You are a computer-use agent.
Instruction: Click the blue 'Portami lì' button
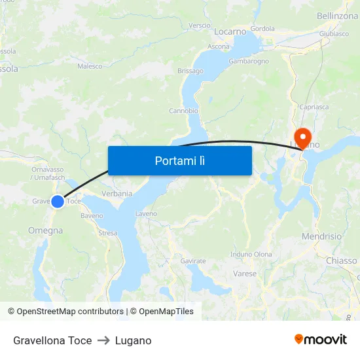click(x=180, y=160)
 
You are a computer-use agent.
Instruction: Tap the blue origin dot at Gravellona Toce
click(x=58, y=202)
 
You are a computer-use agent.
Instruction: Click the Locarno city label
click(x=230, y=31)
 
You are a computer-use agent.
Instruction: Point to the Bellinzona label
click(x=337, y=16)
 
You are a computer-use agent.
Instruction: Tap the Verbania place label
click(x=117, y=193)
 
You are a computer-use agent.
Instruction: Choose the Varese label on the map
click(x=245, y=274)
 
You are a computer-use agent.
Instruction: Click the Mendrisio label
click(x=322, y=236)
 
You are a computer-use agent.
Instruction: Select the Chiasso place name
click(x=341, y=261)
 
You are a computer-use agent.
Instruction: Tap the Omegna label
click(x=46, y=230)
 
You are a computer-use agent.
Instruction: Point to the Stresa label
click(x=107, y=233)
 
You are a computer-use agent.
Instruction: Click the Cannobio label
click(x=184, y=111)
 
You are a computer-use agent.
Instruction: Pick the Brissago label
click(x=190, y=71)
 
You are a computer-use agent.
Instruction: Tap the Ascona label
click(x=219, y=46)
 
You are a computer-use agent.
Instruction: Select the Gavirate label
click(x=193, y=261)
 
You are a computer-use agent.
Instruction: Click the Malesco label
click(x=90, y=66)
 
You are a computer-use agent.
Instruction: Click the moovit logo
click(x=321, y=340)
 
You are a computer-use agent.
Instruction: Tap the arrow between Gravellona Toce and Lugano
click(x=103, y=340)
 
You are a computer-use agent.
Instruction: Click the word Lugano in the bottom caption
click(x=133, y=340)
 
